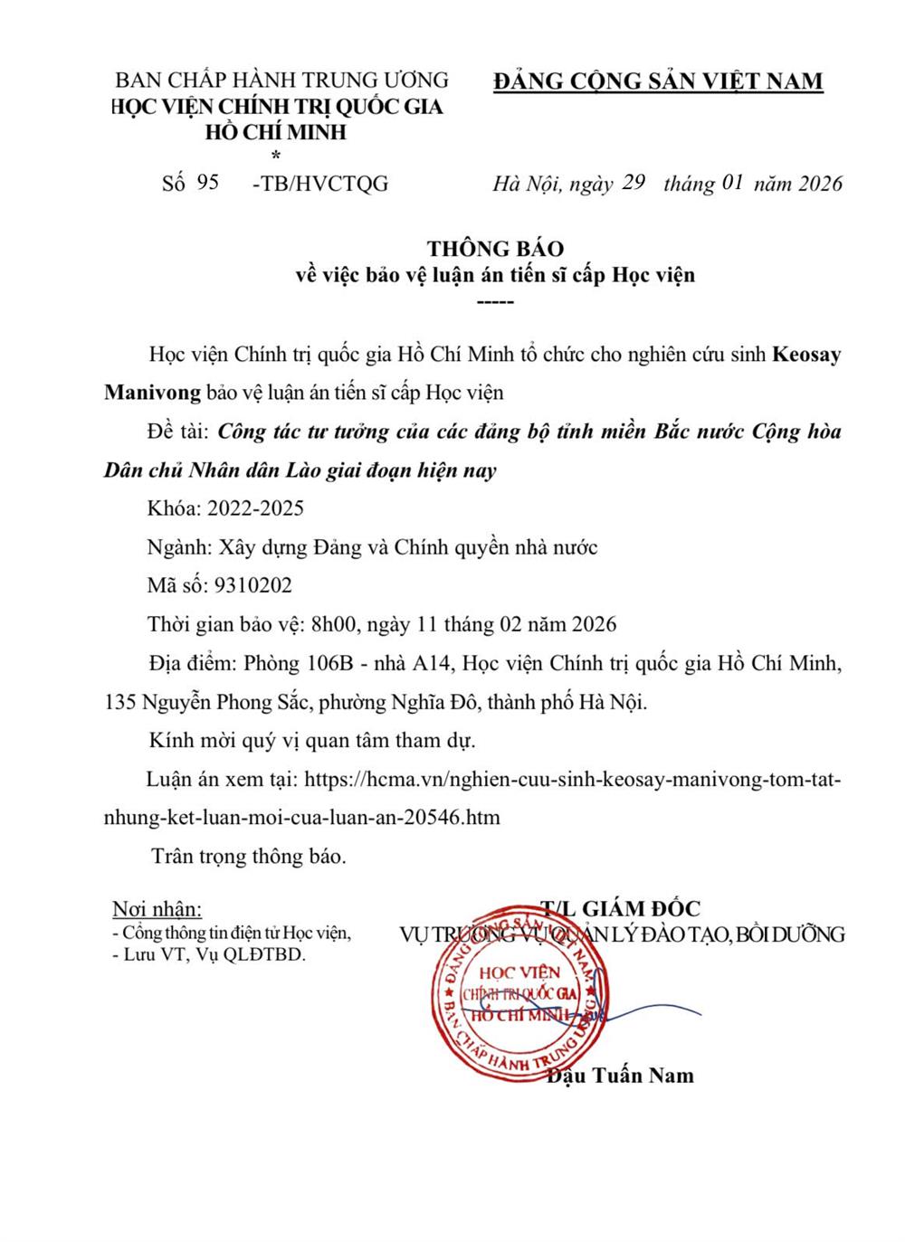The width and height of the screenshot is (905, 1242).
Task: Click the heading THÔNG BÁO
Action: click(495, 249)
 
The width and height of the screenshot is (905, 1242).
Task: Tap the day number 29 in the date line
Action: click(633, 182)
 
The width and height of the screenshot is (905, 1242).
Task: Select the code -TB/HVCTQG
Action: click(319, 184)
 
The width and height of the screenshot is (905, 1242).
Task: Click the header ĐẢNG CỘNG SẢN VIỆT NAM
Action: click(658, 81)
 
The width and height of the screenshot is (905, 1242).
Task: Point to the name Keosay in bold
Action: click(805, 354)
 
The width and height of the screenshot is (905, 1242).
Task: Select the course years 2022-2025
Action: click(255, 508)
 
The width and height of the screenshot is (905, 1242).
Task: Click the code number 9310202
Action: click(253, 585)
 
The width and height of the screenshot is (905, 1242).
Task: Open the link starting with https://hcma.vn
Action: click(574, 779)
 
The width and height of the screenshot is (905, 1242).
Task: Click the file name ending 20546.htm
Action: click(302, 817)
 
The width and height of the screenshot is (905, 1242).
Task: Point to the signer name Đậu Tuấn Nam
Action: click(620, 1075)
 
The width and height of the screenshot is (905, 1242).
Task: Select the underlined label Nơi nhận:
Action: click(157, 909)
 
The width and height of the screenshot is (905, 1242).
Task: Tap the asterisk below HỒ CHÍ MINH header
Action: click(276, 156)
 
